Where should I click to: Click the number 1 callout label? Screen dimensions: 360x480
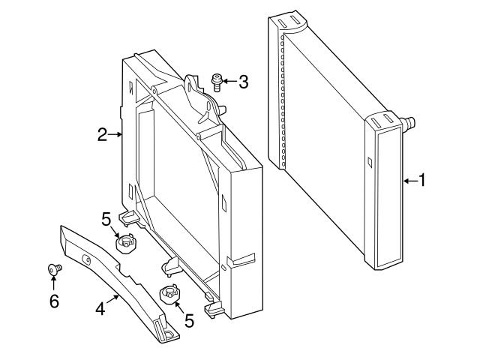(421, 180)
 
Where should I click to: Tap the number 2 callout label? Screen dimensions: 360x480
(103, 135)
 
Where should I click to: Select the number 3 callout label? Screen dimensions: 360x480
(242, 82)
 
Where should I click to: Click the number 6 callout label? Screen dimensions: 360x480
(52, 301)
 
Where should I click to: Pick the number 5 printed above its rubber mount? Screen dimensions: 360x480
(106, 218)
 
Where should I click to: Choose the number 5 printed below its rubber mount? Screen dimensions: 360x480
(189, 320)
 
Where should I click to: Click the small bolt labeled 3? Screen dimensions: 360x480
(217, 80)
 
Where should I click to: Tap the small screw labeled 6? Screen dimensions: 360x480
(54, 268)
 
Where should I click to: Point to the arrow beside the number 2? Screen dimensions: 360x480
(115, 135)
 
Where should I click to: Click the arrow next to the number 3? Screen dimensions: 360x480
(229, 80)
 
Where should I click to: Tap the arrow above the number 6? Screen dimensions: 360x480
(53, 283)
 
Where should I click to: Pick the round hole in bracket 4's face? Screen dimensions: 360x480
(86, 259)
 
